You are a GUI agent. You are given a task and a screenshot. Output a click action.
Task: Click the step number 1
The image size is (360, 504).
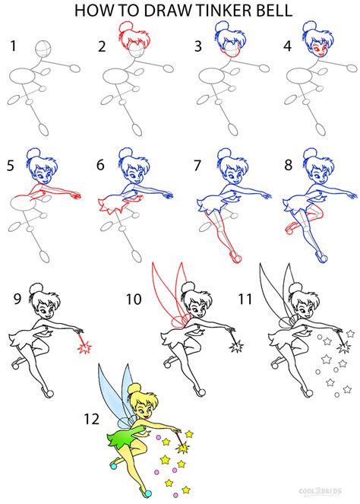coord(12,46)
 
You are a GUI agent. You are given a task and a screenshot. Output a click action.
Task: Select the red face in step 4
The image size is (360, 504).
coord(313,50)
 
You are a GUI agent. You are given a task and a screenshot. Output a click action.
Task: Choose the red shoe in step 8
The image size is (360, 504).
coord(289,227)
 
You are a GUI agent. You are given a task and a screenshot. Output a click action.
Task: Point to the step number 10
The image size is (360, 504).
coord(134,299)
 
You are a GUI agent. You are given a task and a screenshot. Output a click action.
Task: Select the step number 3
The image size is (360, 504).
coord(198,46)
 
